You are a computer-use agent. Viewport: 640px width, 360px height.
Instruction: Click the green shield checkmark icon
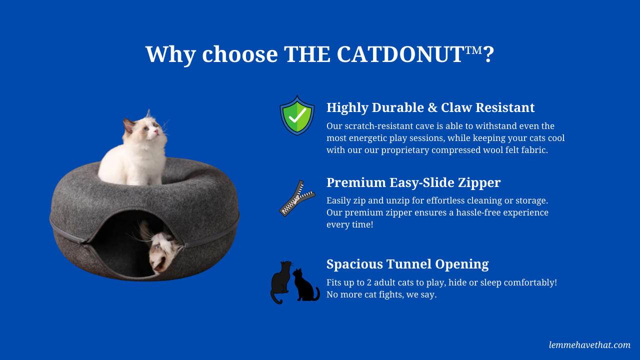297,115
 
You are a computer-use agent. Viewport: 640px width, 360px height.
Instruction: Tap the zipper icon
297,198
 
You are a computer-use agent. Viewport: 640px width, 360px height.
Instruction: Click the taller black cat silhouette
281,282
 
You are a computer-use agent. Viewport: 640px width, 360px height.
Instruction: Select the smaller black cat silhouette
305,285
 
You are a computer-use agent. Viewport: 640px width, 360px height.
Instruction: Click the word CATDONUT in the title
400,54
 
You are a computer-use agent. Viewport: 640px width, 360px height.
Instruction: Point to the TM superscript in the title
473,50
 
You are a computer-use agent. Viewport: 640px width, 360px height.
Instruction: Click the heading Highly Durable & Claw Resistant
430,107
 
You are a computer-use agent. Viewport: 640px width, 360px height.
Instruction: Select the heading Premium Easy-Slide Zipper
413,182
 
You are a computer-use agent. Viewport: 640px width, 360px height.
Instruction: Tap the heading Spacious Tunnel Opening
407,264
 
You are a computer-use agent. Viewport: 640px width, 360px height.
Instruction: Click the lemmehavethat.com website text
589,345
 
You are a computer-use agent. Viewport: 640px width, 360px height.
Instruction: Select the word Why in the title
170,55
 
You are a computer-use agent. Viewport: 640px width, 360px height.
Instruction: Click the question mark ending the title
489,54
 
